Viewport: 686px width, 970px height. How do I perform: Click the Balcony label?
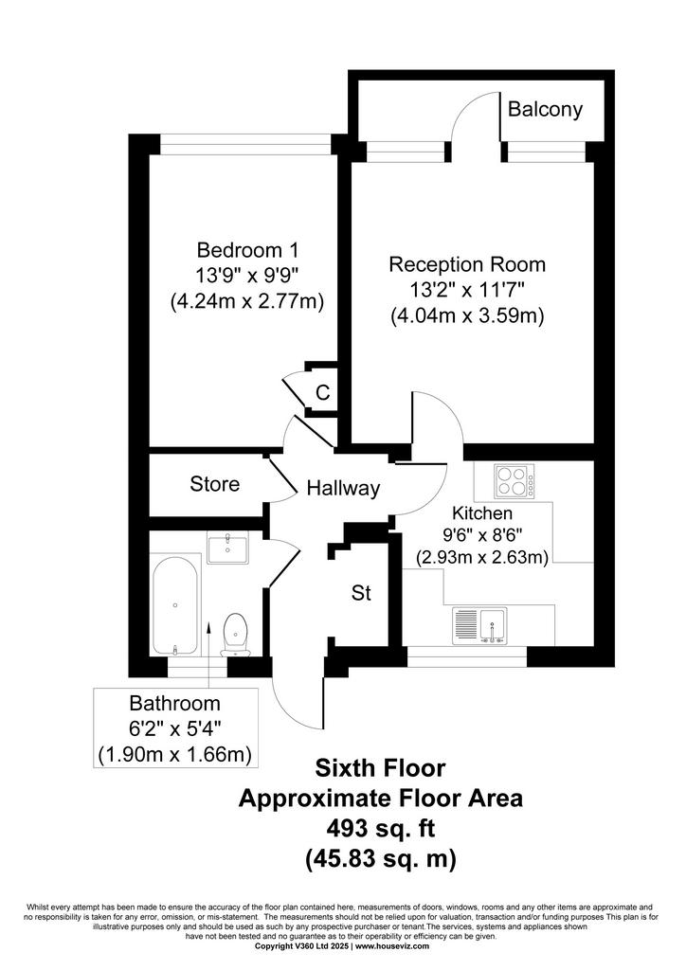pyautogui.click(x=545, y=110)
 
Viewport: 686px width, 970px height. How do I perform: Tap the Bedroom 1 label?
pyautogui.click(x=247, y=250)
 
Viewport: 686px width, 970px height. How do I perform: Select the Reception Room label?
pyautogui.click(x=467, y=265)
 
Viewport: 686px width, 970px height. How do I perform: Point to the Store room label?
pyautogui.click(x=215, y=484)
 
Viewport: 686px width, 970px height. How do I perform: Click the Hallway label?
pyautogui.click(x=343, y=489)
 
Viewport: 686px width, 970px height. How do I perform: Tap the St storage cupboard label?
pyautogui.click(x=361, y=593)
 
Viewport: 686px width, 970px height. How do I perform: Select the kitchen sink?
pyautogui.click(x=480, y=625)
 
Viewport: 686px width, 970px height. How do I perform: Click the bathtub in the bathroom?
pyautogui.click(x=175, y=605)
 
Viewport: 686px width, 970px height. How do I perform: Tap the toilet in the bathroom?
pyautogui.click(x=235, y=635)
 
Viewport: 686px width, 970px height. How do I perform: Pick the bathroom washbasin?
pyautogui.click(x=227, y=547)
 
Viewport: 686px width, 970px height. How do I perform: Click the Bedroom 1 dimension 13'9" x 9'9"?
pyautogui.click(x=247, y=276)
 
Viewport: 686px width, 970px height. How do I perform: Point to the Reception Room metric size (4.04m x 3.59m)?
pyautogui.click(x=467, y=316)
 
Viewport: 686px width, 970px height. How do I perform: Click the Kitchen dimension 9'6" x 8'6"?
pyautogui.click(x=482, y=535)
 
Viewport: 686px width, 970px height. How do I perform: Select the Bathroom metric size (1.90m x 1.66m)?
pyautogui.click(x=175, y=755)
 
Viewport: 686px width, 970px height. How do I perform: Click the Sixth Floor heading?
pyautogui.click(x=380, y=768)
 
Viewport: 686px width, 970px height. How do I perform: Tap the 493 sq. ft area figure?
pyautogui.click(x=381, y=828)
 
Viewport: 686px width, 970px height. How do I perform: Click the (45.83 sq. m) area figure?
pyautogui.click(x=381, y=859)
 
